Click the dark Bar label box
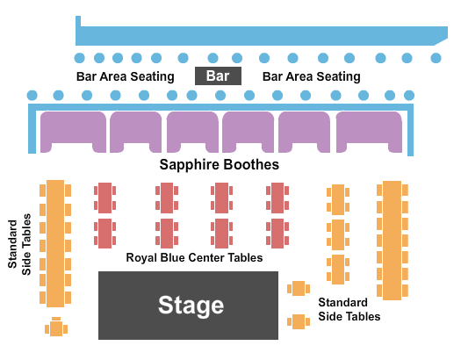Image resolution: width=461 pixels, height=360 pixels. click(x=218, y=76)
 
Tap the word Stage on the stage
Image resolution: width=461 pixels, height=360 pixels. click(x=191, y=306)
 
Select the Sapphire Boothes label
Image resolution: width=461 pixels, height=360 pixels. click(x=220, y=164)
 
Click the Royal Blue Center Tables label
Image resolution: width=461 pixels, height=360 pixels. click(x=194, y=258)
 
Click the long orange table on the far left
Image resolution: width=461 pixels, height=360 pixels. click(x=55, y=243)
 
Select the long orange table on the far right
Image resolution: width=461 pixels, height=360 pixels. click(x=393, y=241)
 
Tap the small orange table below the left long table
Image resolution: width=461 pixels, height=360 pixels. click(x=56, y=328)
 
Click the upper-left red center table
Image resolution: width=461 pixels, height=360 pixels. click(x=105, y=198)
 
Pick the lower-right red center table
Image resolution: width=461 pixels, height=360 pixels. click(x=277, y=234)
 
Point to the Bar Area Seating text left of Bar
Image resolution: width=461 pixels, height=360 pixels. click(x=126, y=76)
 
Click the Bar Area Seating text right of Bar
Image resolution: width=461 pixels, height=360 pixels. click(x=312, y=76)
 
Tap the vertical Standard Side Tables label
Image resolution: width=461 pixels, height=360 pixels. click(x=19, y=244)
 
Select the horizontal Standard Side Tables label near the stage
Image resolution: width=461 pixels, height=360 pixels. click(x=349, y=309)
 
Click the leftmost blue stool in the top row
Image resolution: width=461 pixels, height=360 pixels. click(x=79, y=58)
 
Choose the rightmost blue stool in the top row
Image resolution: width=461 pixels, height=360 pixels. click(x=436, y=58)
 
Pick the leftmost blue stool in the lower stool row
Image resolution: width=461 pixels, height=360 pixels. click(x=32, y=95)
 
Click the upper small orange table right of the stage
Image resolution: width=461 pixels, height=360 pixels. click(x=299, y=289)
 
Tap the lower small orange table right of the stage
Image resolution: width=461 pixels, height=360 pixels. click(x=299, y=321)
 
